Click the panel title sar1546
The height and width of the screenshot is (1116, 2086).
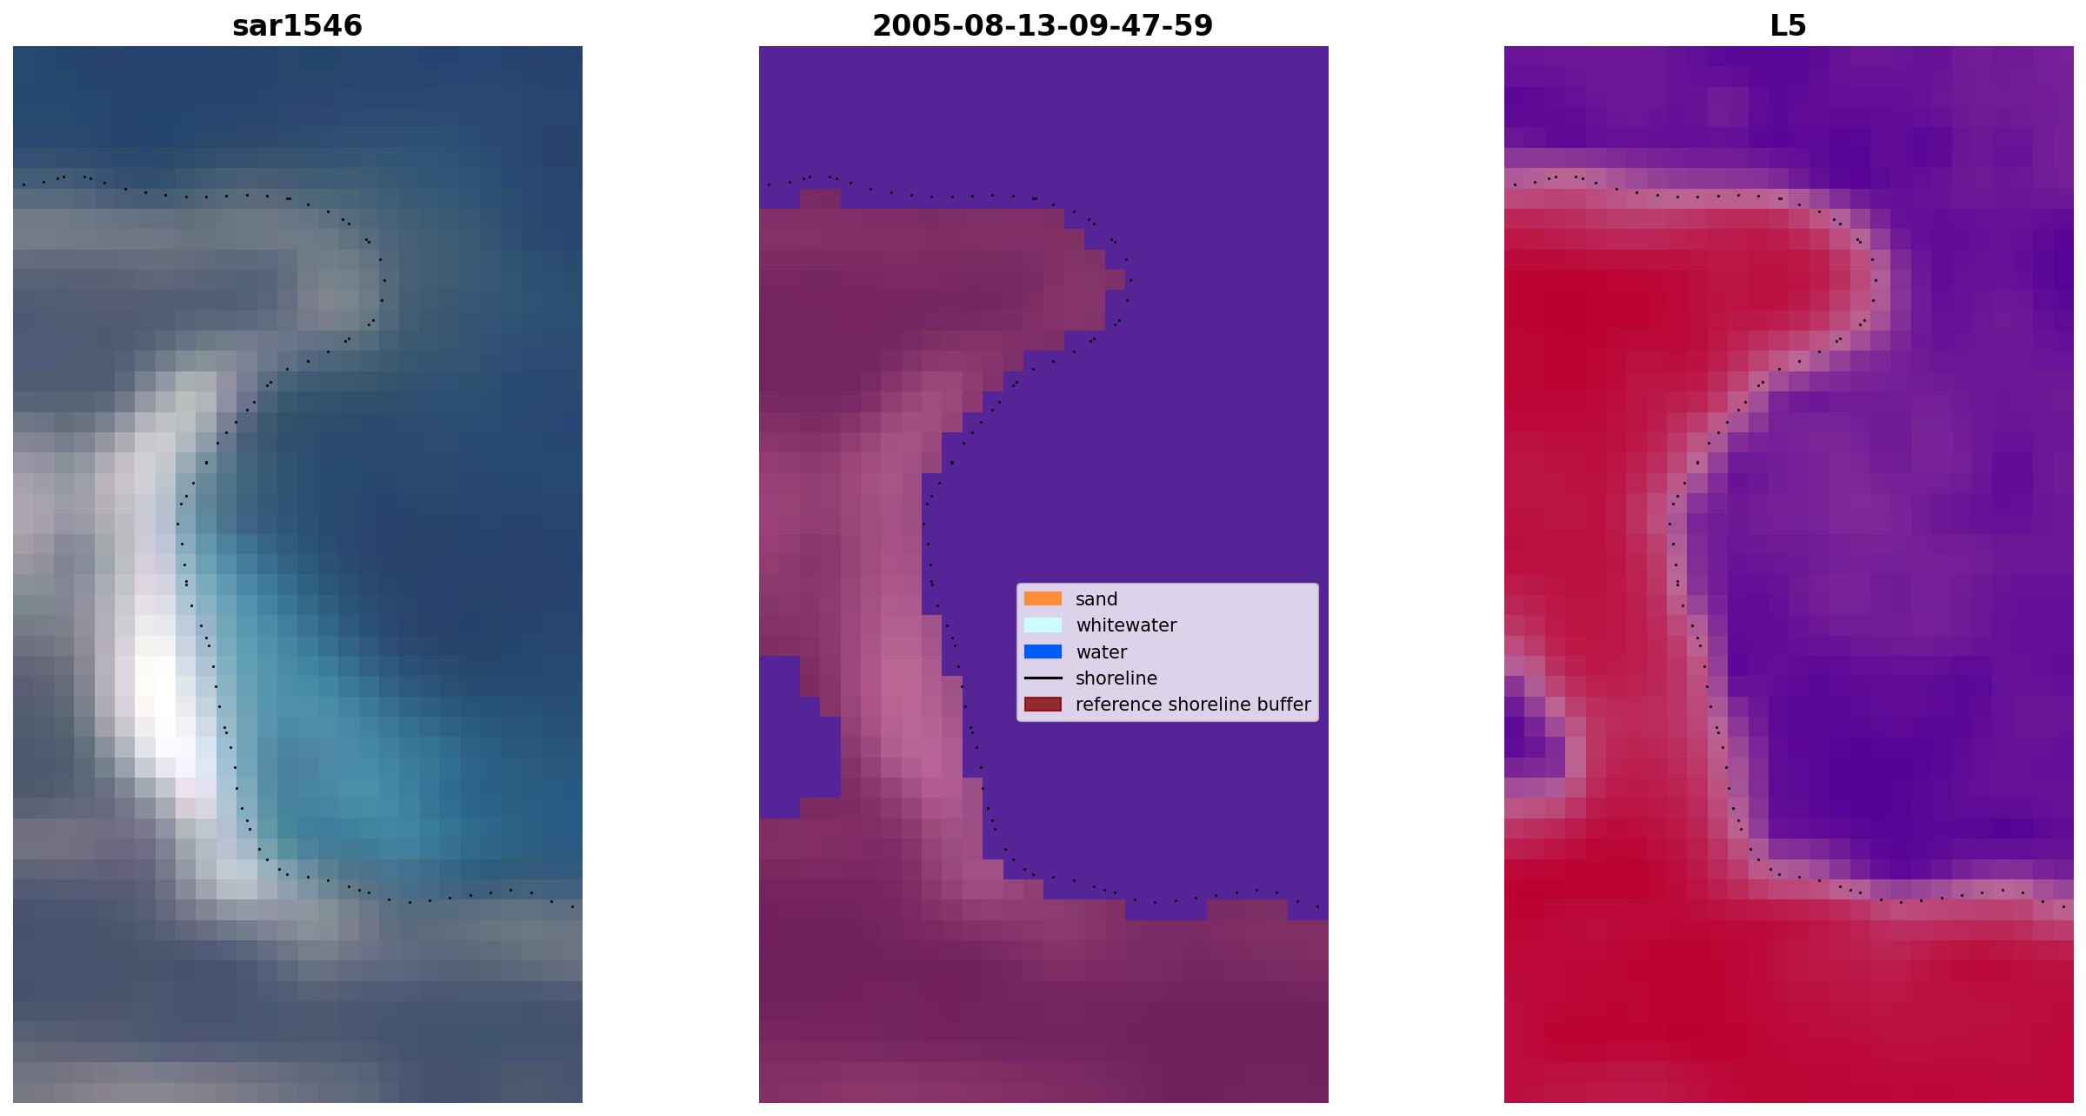click(x=297, y=26)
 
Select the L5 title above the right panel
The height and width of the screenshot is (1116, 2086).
click(x=1789, y=26)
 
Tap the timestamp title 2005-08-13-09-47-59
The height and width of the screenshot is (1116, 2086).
click(x=1043, y=26)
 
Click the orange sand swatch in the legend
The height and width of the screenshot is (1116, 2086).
click(x=1043, y=598)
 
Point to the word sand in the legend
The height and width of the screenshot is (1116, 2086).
click(x=1096, y=599)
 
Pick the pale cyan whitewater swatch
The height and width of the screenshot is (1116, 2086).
click(x=1043, y=625)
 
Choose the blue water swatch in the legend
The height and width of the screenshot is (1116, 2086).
click(x=1043, y=652)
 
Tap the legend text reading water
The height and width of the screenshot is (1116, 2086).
click(x=1101, y=652)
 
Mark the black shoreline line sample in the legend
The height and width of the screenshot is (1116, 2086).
click(x=1043, y=678)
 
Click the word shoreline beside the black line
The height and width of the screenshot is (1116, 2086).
click(x=1116, y=678)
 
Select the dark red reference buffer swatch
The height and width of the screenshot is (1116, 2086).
click(x=1043, y=704)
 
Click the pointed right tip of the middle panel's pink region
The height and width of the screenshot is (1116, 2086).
click(x=1123, y=279)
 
